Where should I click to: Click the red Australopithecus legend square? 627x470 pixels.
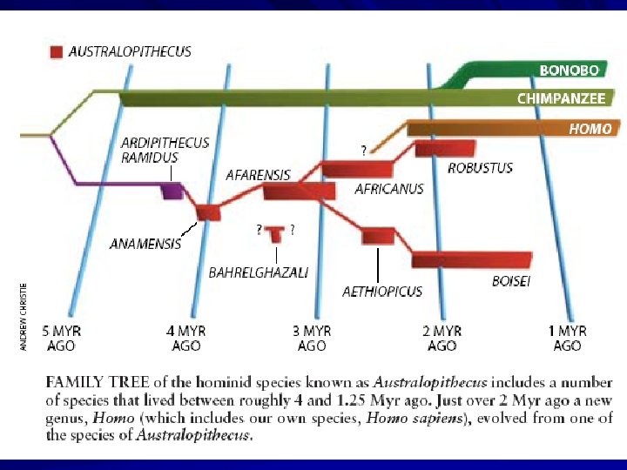[57, 52]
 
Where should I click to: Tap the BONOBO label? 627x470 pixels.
[569, 70]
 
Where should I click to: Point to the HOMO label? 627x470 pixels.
[590, 129]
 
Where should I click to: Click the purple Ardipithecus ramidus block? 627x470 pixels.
[172, 191]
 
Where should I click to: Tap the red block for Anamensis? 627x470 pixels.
[208, 211]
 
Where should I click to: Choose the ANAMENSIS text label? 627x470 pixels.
[145, 244]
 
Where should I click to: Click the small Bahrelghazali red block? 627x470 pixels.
[276, 233]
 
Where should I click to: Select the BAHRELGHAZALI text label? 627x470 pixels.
[259, 272]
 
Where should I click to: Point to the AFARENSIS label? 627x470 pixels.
[258, 175]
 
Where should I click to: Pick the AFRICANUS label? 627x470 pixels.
[388, 189]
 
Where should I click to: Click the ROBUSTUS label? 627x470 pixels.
[480, 167]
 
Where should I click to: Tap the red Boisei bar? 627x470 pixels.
[471, 259]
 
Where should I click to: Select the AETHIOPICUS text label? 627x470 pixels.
[381, 292]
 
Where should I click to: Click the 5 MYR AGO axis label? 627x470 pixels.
[58, 339]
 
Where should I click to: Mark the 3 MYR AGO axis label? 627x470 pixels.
[312, 339]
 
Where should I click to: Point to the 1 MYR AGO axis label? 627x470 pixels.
[567, 339]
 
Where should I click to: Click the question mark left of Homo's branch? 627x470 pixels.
[363, 151]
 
